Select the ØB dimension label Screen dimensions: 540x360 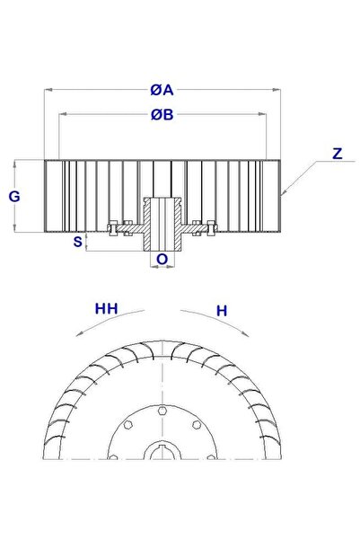pos(162,114)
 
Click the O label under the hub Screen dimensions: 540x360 pos(162,261)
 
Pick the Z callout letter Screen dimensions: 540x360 pos(336,154)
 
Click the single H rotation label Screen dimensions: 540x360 pos(222,310)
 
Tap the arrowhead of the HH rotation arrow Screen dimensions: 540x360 pos(79,332)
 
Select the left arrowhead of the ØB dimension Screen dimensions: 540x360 pos(61,114)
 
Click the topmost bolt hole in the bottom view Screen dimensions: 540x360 pos(162,411)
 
